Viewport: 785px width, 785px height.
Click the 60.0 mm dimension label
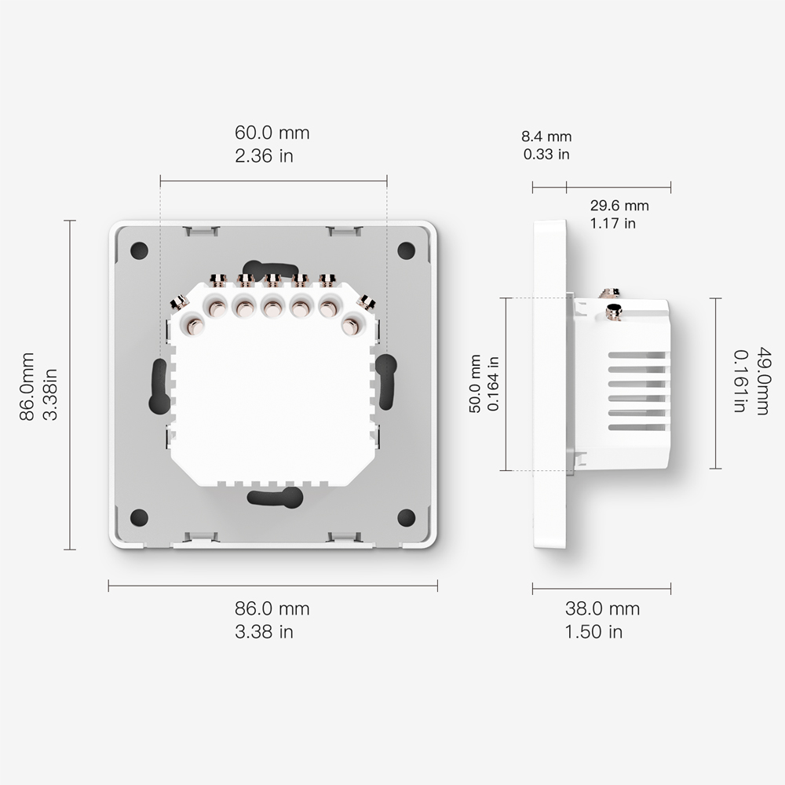pyautogui.click(x=272, y=133)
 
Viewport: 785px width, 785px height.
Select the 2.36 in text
pyautogui.click(x=264, y=155)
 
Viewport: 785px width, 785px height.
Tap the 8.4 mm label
pyautogui.click(x=546, y=136)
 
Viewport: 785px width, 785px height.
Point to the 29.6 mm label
pyautogui.click(x=619, y=205)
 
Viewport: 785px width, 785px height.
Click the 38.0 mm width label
pyautogui.click(x=602, y=609)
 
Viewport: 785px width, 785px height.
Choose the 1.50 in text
pyautogui.click(x=593, y=632)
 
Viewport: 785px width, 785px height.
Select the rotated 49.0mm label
pyautogui.click(x=762, y=381)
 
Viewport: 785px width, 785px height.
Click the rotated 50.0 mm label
pyautogui.click(x=475, y=384)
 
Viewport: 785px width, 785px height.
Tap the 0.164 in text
pyautogui.click(x=493, y=384)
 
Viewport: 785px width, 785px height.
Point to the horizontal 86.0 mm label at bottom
pyautogui.click(x=272, y=609)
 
